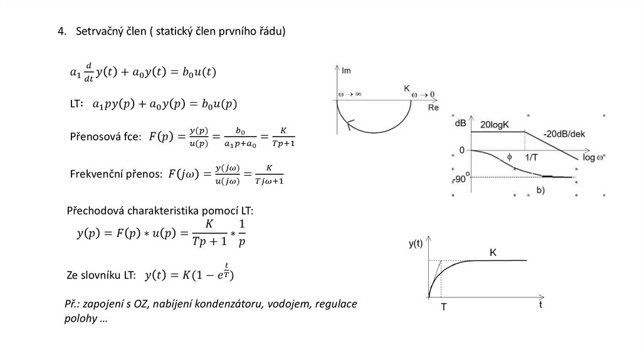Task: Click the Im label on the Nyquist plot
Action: click(x=346, y=70)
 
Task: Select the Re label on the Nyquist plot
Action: click(x=433, y=108)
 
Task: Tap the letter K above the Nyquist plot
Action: click(x=406, y=90)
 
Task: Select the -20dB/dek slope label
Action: click(x=571, y=133)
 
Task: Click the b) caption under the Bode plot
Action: click(x=540, y=189)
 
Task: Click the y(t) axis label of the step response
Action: click(x=416, y=245)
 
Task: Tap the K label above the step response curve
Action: click(x=493, y=252)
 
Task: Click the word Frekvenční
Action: click(x=98, y=174)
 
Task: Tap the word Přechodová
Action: click(x=95, y=211)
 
